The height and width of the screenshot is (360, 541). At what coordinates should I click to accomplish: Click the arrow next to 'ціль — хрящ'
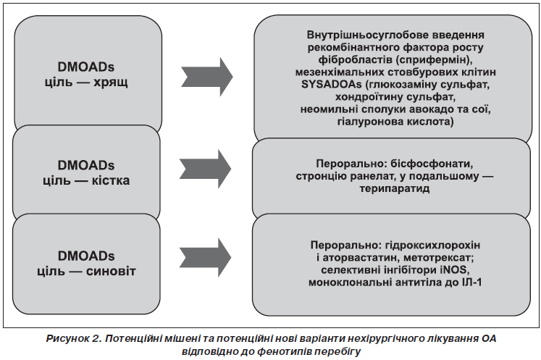207,77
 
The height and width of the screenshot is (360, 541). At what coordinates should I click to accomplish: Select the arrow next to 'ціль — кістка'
205,169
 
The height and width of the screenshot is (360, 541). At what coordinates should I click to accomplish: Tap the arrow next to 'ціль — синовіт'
205,257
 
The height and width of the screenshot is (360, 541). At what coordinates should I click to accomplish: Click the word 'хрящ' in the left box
111,83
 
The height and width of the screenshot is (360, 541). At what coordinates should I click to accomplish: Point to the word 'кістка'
111,180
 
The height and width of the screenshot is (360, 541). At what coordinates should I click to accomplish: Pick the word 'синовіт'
111,272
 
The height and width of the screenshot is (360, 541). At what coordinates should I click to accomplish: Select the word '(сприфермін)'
434,59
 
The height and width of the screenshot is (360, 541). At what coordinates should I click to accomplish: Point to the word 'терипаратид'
395,189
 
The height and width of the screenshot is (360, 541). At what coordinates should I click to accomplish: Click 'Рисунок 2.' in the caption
73,339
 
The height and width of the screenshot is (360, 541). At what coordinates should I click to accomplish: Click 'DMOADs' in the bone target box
86,165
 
